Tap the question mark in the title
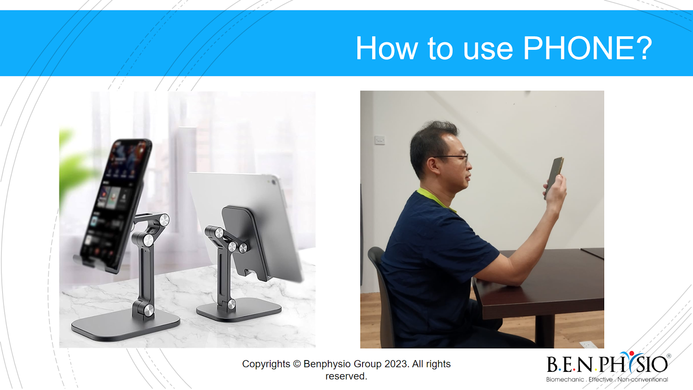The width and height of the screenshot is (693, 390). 642,48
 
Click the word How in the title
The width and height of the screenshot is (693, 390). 387,48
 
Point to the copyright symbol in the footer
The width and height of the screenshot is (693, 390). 297,364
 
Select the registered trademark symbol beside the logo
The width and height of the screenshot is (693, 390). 669,356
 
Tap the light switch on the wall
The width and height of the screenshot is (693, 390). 380,140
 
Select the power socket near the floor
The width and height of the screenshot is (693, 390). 587,344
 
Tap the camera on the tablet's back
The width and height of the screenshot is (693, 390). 273,182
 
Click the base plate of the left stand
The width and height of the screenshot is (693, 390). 126,325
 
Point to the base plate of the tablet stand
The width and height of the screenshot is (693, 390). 239,310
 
